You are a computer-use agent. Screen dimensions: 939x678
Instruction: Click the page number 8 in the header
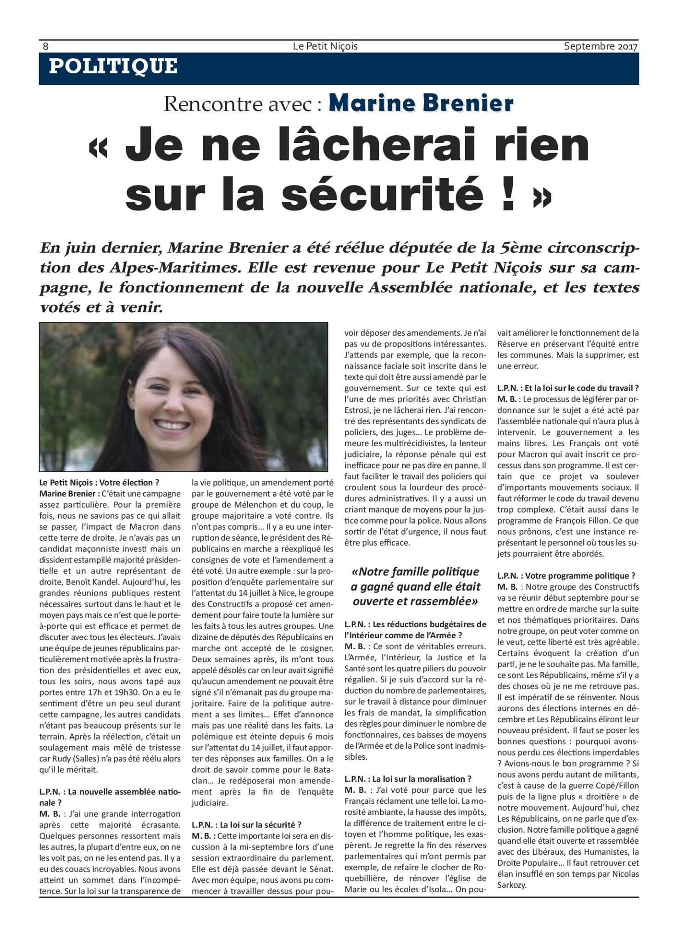[45, 46]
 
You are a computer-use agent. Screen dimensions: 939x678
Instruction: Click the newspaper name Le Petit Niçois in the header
[325, 46]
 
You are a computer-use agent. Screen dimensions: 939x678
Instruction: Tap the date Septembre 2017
[600, 46]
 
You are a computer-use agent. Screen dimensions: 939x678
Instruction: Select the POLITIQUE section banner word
[113, 66]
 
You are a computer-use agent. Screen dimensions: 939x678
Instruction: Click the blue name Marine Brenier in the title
[421, 104]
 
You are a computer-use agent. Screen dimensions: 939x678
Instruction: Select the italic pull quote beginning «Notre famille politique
[415, 586]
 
